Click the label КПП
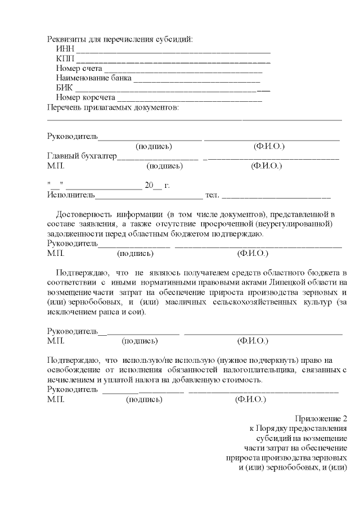[65, 59]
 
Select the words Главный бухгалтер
[82, 156]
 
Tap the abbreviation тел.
[213, 196]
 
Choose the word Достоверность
[84, 215]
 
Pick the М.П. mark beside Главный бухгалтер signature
[56, 166]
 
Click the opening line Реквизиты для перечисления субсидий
[120, 39]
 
